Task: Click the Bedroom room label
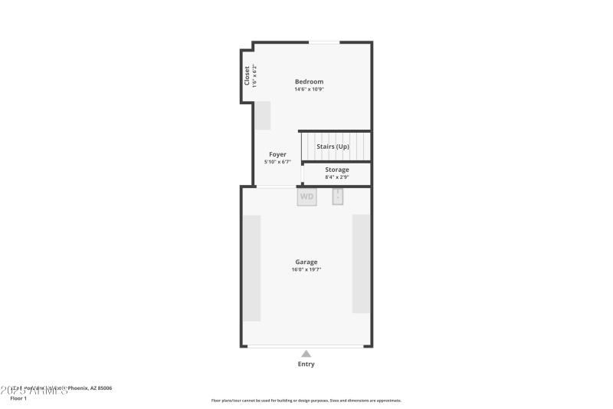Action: [x=310, y=81]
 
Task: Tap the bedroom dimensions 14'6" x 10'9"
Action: [x=310, y=89]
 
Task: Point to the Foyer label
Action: [x=277, y=154]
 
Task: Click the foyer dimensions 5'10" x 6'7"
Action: [x=277, y=162]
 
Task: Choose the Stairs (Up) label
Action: [x=333, y=147]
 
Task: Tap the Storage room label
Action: [x=337, y=170]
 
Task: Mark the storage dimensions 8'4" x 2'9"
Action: [x=337, y=177]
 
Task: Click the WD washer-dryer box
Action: [x=306, y=196]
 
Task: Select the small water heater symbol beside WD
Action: [x=338, y=196]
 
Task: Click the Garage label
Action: [x=306, y=262]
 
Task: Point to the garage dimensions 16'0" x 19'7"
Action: [x=306, y=269]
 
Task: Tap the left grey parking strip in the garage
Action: [x=252, y=268]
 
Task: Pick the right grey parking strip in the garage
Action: [x=362, y=263]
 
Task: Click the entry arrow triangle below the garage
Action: [x=306, y=354]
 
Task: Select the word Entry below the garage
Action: [x=306, y=364]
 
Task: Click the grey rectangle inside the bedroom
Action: [x=263, y=115]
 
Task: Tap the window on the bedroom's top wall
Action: [x=325, y=42]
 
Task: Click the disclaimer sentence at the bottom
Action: [x=306, y=401]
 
